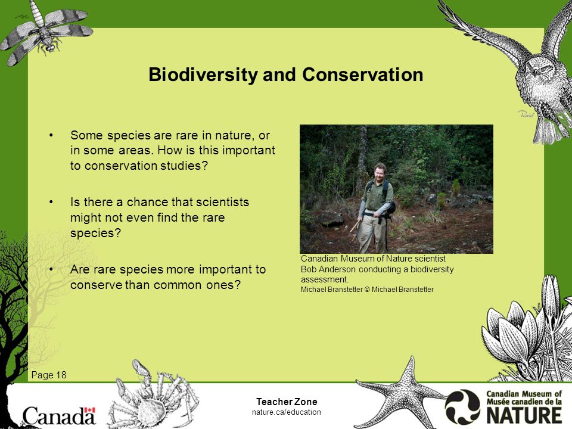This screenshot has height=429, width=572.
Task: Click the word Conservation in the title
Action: click(x=363, y=74)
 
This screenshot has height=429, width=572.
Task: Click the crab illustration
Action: click(x=153, y=397)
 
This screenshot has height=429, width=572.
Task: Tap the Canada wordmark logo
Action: click(x=59, y=415)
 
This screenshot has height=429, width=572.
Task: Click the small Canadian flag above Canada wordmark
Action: click(x=90, y=410)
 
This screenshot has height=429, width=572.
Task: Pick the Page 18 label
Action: click(x=49, y=375)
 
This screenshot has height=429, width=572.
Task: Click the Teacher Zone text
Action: click(x=287, y=402)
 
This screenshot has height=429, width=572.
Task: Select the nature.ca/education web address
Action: click(x=287, y=412)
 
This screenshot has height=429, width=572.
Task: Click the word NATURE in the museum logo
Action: click(x=524, y=415)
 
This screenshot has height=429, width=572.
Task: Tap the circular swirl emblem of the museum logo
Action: click(x=462, y=407)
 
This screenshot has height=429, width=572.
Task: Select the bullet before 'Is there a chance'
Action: click(x=51, y=202)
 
